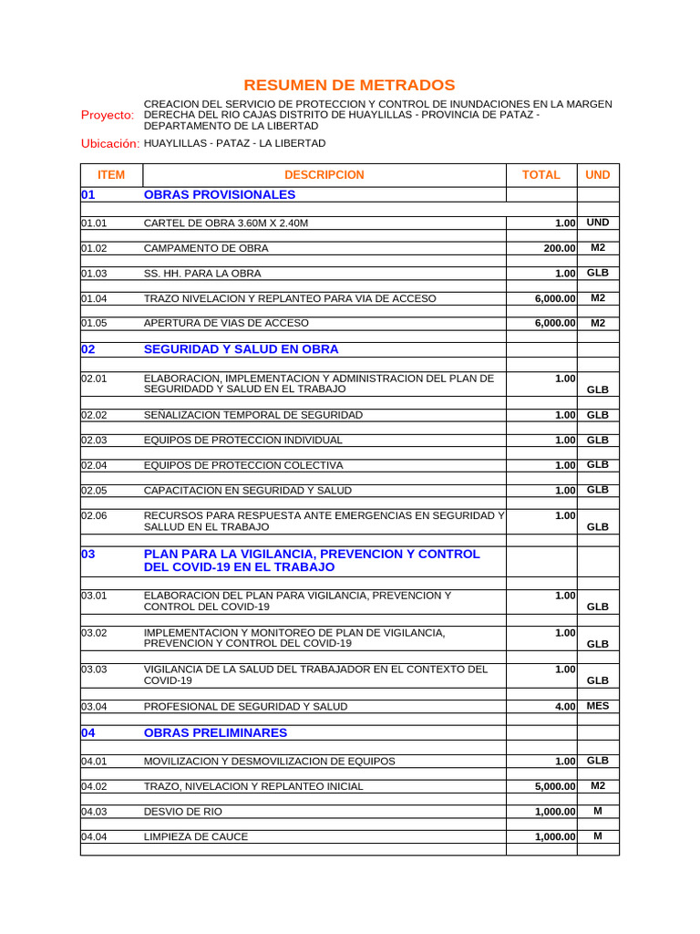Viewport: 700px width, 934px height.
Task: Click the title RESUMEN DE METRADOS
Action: [x=349, y=85]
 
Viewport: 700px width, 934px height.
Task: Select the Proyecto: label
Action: [x=108, y=115]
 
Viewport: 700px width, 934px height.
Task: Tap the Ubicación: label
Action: [x=109, y=144]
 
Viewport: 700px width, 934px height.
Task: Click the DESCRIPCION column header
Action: [x=324, y=175]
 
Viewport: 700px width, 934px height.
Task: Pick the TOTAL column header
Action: [x=540, y=175]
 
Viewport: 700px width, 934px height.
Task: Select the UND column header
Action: [x=598, y=175]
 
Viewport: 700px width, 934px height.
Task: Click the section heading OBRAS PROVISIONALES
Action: [x=219, y=194]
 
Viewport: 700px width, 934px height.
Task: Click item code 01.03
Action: [x=94, y=274]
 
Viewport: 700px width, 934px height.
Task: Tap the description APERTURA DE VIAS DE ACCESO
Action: [x=226, y=323]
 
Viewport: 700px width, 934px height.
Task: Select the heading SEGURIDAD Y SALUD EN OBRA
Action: [x=241, y=349]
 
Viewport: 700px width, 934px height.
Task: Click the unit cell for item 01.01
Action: [x=598, y=223]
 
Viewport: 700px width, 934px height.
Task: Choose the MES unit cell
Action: [x=598, y=706]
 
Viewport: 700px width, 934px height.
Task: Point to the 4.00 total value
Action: [x=565, y=707]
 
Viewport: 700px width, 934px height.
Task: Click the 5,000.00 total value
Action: [x=555, y=786]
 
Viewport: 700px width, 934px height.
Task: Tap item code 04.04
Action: [x=94, y=836]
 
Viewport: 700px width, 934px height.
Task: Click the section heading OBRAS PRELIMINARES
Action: [x=215, y=732]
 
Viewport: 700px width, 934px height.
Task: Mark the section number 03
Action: [x=87, y=555]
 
